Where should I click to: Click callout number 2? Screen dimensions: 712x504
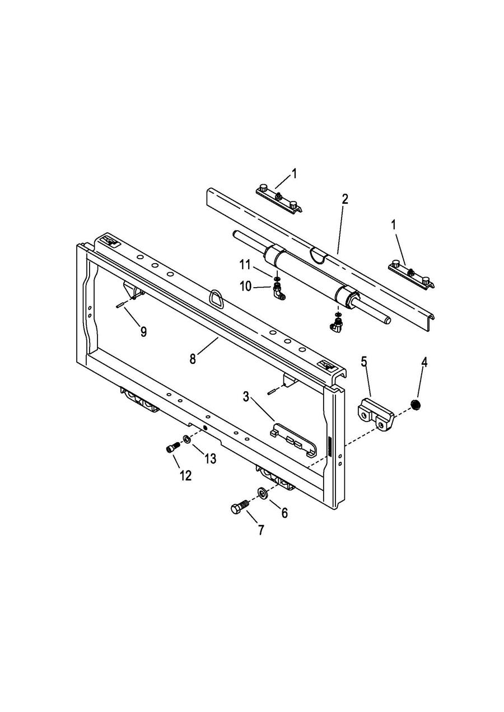coord(344,199)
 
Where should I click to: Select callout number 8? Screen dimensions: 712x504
coord(193,359)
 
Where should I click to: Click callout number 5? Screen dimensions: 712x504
coord(364,362)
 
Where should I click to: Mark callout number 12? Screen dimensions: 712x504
coord(185,475)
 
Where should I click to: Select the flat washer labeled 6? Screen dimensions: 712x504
coord(262,493)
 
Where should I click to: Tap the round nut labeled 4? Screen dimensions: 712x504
coord(416,404)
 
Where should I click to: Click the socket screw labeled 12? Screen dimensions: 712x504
coord(172,448)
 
